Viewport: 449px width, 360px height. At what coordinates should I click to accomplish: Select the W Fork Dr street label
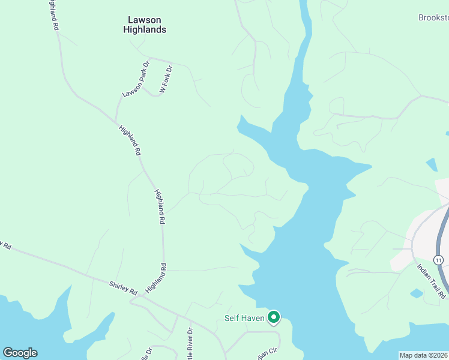pyautogui.click(x=165, y=79)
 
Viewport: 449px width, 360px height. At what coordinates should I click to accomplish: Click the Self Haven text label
pyautogui.click(x=245, y=318)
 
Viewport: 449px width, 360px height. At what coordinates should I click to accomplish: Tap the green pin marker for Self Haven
pyautogui.click(x=274, y=316)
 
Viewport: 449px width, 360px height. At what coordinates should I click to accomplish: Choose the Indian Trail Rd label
pyautogui.click(x=432, y=280)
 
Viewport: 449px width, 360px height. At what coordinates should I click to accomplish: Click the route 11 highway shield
pyautogui.click(x=439, y=260)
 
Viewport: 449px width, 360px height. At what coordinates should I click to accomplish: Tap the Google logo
pyautogui.click(x=20, y=353)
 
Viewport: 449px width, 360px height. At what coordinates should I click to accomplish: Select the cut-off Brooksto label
pyautogui.click(x=433, y=18)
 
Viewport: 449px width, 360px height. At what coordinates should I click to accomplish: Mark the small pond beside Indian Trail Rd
pyautogui.click(x=416, y=293)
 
